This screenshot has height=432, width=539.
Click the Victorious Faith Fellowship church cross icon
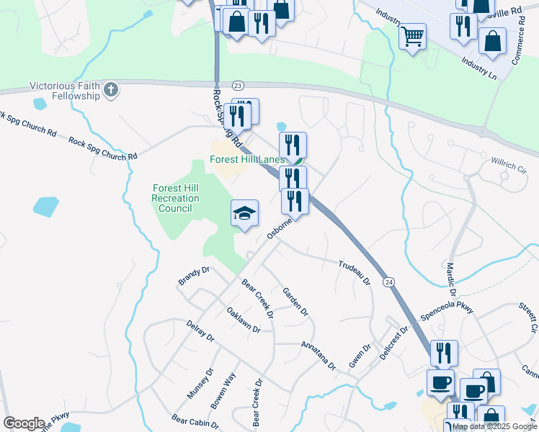(110, 90)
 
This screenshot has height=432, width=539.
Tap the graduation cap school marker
(244, 214)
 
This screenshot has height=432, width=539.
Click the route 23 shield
(239, 85)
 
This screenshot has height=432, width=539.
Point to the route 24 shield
(389, 280)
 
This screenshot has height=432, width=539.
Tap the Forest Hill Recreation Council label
(176, 198)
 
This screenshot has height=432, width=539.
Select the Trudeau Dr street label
(355, 271)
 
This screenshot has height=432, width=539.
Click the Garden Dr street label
(295, 302)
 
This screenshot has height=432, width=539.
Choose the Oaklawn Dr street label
(243, 319)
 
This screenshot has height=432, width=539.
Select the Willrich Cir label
(509, 165)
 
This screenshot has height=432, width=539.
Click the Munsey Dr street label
(200, 384)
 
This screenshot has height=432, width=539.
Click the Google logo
(24, 423)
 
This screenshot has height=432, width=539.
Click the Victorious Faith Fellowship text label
(64, 91)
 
